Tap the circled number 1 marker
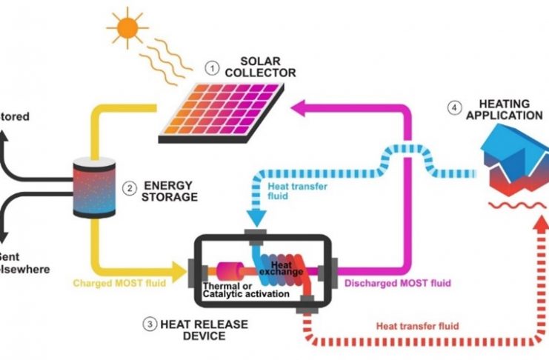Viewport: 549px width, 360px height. pos(213,68)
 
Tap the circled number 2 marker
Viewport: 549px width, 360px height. pos(129,189)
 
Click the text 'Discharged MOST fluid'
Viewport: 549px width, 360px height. pos(397,282)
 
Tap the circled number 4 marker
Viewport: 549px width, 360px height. pos(453,108)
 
